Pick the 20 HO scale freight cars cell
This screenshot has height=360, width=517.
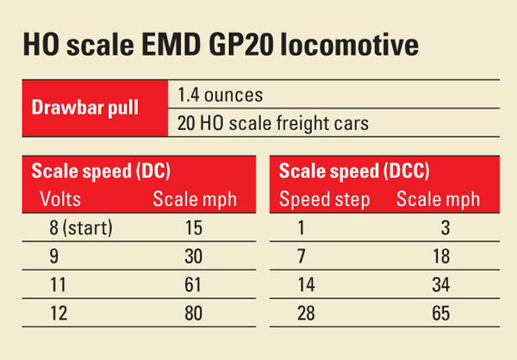coord(272,123)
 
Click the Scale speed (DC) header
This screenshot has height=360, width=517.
coord(97,171)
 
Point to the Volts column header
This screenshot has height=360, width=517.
coord(61,200)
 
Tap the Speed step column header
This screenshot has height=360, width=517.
coord(325,200)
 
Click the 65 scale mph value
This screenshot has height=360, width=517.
coord(440,313)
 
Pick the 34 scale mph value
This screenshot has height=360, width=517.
coord(440,286)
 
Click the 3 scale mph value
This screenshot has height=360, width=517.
coord(445,230)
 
